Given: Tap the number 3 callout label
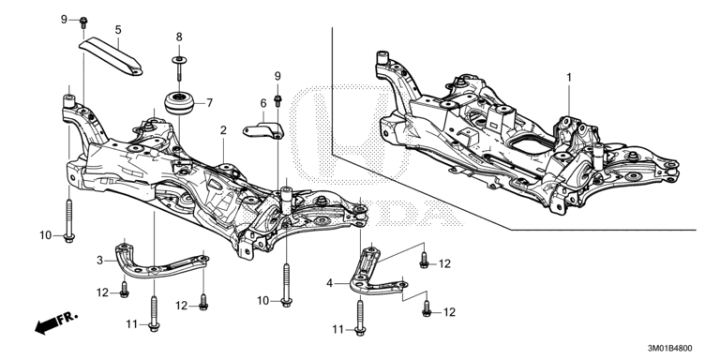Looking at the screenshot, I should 99,260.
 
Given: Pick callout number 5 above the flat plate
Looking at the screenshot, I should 118,30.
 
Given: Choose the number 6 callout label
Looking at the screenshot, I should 263,103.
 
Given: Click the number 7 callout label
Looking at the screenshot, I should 209,102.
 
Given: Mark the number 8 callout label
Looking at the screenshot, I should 178,37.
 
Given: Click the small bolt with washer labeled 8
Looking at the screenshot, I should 178,65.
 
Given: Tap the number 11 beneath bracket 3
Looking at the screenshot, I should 132,323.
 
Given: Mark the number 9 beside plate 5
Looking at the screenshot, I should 65,20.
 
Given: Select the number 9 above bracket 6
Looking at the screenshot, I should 277,74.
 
